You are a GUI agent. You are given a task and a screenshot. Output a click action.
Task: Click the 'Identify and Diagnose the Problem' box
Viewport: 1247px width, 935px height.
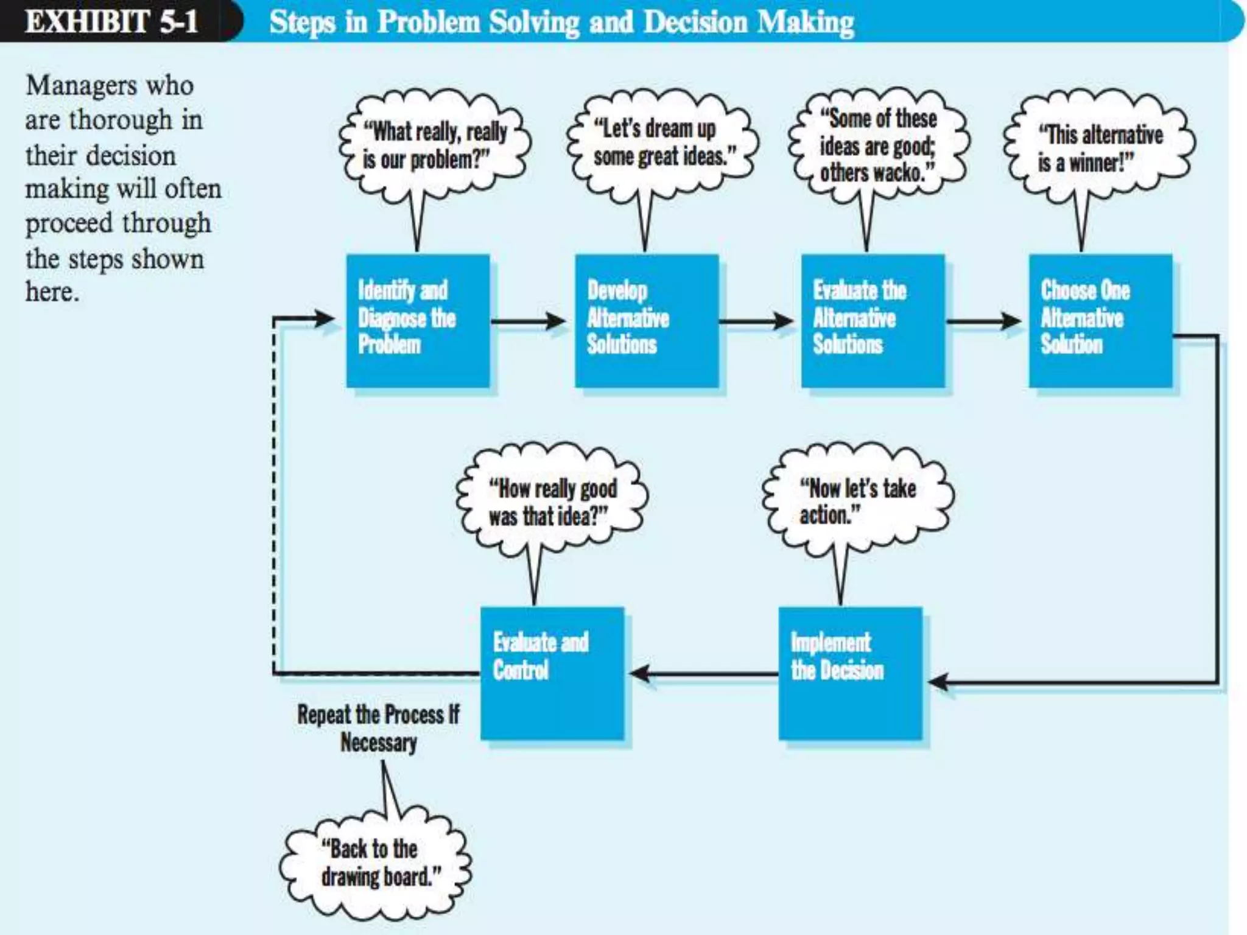(x=418, y=320)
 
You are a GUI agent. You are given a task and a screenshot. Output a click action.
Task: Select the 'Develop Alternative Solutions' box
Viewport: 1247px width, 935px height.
(x=647, y=320)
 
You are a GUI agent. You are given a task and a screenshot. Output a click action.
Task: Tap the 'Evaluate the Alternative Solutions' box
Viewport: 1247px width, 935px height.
(x=873, y=320)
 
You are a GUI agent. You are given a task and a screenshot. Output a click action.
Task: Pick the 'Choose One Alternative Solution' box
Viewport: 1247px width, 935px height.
(x=1100, y=320)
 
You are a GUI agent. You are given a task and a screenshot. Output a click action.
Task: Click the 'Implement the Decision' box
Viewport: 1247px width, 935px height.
(x=850, y=673)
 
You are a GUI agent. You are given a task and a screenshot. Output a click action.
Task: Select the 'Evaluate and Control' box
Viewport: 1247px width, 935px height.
(x=552, y=673)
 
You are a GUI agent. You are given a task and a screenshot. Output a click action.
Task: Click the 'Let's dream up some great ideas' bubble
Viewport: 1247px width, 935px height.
(x=662, y=142)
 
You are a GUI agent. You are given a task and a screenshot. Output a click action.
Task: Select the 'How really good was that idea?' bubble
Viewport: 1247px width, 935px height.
(x=552, y=502)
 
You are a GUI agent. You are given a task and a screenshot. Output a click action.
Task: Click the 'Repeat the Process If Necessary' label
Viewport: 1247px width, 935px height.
(x=378, y=728)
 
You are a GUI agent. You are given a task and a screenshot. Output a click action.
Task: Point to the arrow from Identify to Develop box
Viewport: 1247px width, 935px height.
(x=528, y=321)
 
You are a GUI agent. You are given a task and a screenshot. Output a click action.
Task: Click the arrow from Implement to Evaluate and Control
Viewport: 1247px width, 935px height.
(x=703, y=673)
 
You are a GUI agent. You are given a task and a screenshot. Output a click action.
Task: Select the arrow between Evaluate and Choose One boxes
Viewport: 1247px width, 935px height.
(x=983, y=321)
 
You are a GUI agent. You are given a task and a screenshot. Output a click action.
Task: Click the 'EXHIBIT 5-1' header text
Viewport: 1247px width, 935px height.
(x=111, y=21)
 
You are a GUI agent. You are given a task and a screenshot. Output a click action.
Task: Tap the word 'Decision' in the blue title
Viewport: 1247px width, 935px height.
(x=695, y=23)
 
